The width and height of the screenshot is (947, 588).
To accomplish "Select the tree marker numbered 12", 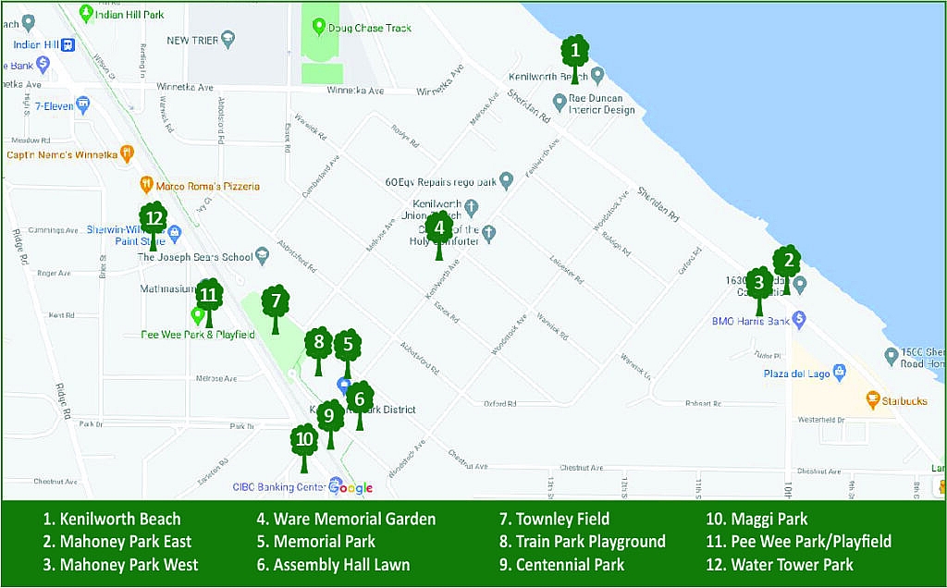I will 154,223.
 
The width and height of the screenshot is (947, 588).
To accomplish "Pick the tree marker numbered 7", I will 275,304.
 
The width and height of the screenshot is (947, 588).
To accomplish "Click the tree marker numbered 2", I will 787,264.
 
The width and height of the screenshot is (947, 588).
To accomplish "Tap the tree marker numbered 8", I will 318,347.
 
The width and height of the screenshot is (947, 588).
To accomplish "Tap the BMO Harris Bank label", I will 749,321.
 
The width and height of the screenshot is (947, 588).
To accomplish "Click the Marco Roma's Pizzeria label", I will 207,186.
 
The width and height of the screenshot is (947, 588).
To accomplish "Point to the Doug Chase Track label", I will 369,28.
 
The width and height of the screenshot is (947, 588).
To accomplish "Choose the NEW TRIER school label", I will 191,40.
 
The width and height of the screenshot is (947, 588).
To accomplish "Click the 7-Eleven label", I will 55,105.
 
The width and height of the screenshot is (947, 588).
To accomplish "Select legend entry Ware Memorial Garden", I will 346,519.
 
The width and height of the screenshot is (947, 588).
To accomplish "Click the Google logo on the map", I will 351,488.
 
